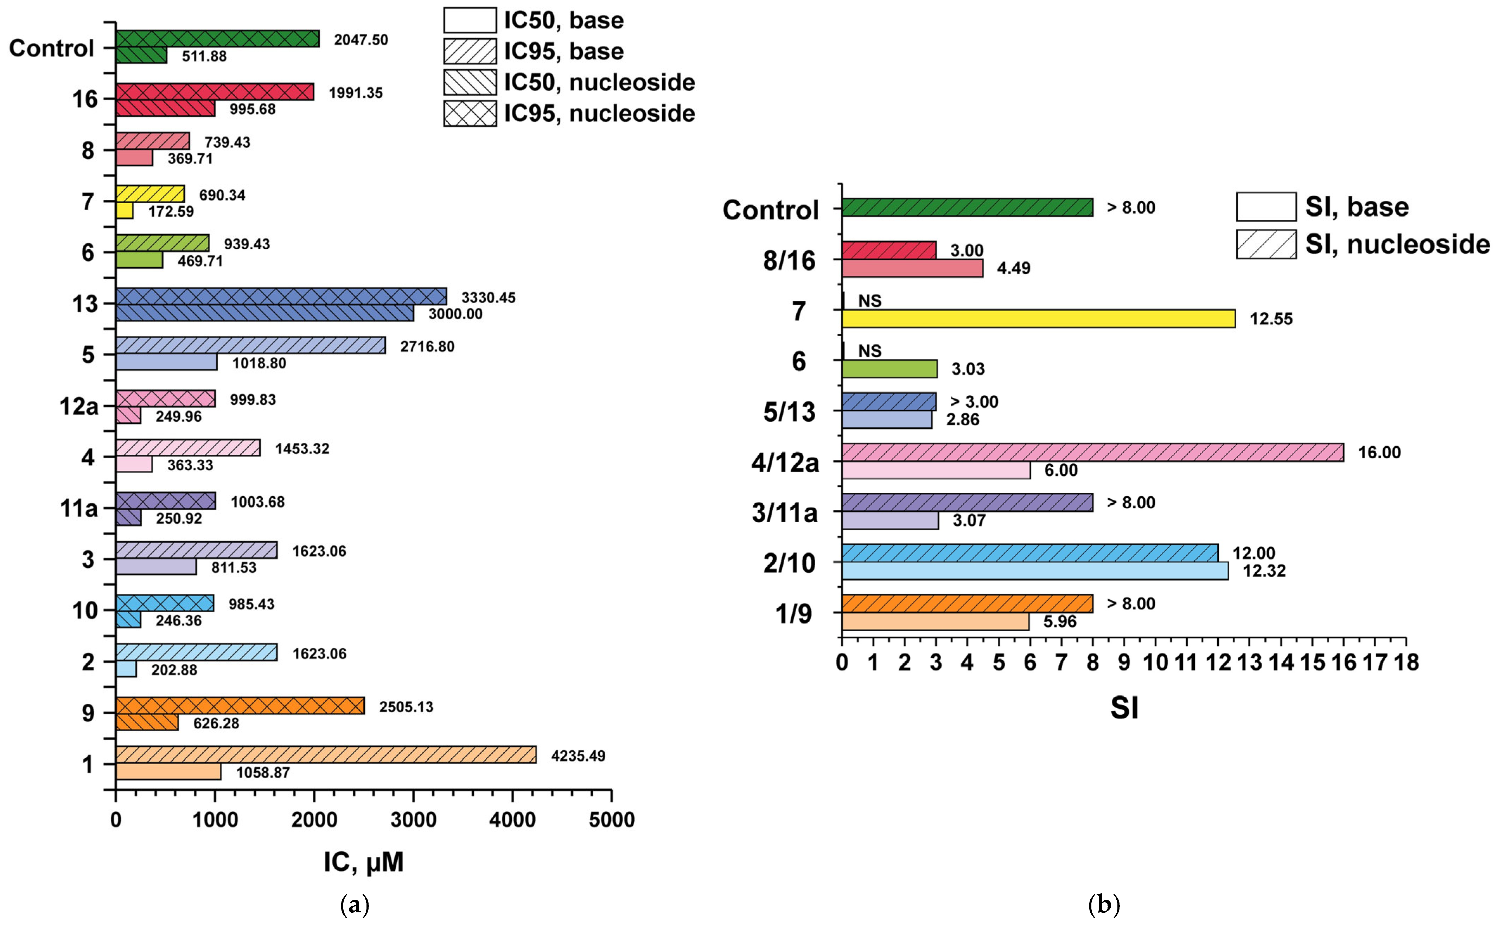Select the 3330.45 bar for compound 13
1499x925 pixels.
281,297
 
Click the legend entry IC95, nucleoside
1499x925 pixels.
569,113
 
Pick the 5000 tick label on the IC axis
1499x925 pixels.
612,820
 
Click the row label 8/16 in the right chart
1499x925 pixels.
789,261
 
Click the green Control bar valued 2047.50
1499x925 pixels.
217,39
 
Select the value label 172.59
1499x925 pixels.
171,212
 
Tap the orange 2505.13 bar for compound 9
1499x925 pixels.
240,706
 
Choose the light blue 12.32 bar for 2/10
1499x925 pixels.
1035,571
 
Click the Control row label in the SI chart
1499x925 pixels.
770,210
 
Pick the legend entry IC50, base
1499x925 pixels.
532,20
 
